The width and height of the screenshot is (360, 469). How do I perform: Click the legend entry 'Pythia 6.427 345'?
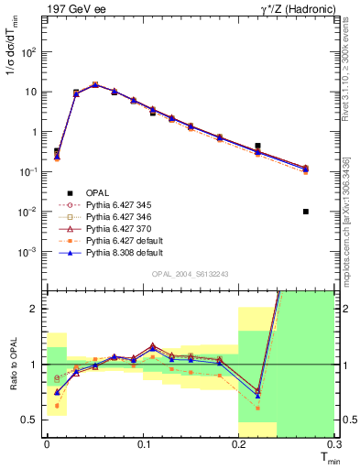(x=123, y=205)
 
